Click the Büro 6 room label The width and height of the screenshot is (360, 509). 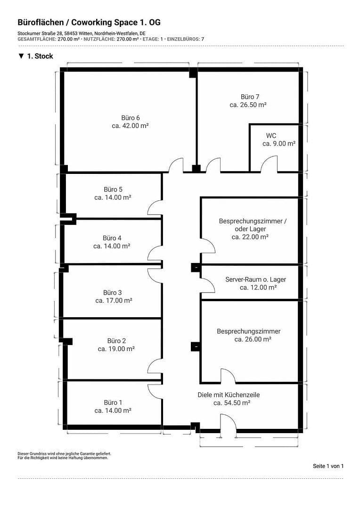click(131, 118)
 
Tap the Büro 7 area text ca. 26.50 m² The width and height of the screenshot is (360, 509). click(248, 105)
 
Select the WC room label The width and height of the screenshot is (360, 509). click(271, 136)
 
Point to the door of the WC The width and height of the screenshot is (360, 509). click(270, 165)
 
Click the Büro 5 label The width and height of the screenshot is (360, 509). click(113, 189)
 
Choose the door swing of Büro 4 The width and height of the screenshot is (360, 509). click(155, 254)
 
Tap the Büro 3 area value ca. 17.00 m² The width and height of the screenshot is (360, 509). click(114, 300)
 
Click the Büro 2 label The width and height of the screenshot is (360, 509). click(116, 341)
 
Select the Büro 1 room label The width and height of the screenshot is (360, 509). click(113, 402)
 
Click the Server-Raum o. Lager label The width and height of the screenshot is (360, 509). click(255, 279)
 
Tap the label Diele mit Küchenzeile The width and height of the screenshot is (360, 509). click(229, 395)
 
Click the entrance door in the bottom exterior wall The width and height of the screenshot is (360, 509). click(228, 422)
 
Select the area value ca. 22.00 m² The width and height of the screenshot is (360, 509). click(250, 237)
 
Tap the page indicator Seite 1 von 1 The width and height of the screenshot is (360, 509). click(328, 466)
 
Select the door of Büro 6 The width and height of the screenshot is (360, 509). click(176, 165)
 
